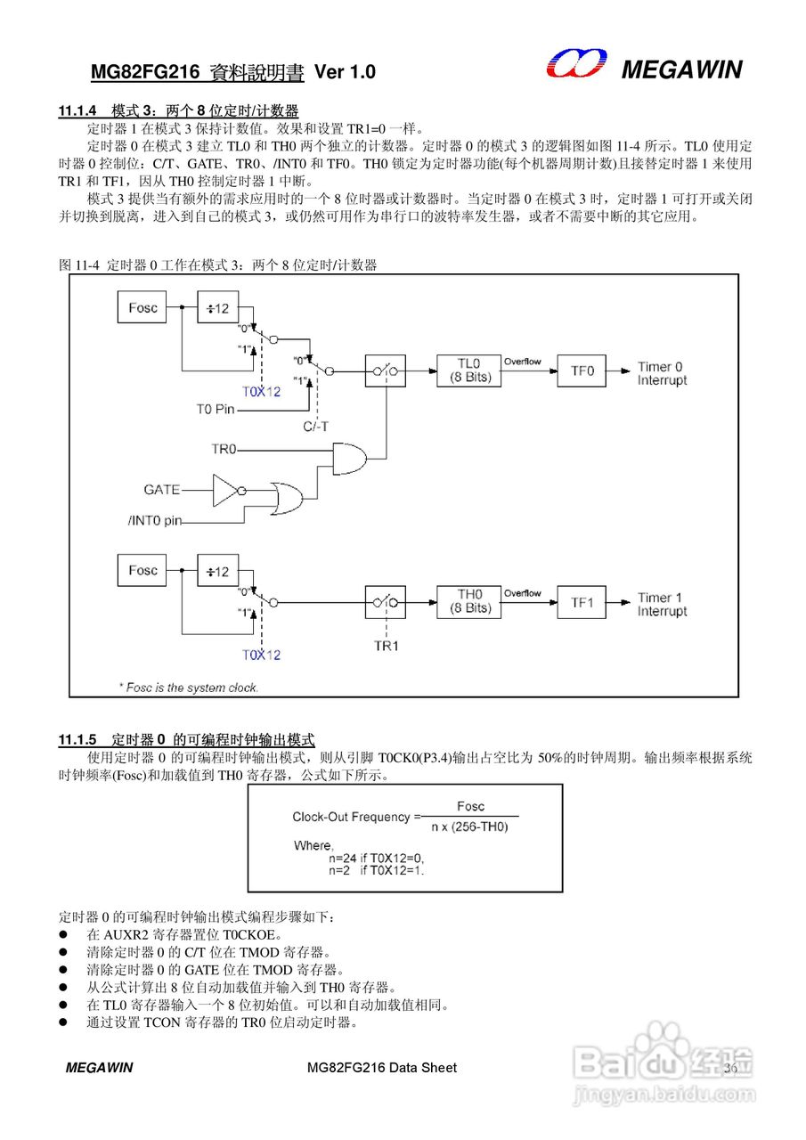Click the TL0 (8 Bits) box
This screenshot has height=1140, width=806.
469,370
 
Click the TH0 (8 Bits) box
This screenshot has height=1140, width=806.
469,601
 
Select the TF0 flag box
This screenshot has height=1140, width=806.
582,370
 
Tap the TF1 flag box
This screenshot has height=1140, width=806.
582,602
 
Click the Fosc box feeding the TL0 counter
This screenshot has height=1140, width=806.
142,308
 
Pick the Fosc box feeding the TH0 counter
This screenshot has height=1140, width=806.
142,571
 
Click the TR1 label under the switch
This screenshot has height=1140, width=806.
386,645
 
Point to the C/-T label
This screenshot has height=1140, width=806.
315,427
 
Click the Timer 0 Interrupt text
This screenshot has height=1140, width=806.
662,374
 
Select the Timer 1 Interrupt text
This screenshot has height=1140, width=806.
662,605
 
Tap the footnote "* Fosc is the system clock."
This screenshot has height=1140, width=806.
189,688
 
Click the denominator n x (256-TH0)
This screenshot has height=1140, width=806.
469,827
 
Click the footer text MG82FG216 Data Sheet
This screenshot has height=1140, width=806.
381,1068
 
